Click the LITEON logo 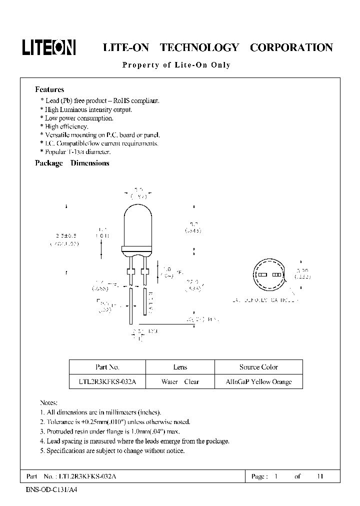pos(48,47)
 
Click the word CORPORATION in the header pos(291,48)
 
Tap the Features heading pos(49,89)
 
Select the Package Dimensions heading pos(72,163)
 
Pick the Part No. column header pos(107,367)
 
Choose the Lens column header pos(180,367)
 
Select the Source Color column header pos(258,367)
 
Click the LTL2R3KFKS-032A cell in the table pos(107,381)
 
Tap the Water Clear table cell pos(180,381)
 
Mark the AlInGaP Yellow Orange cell pos(258,381)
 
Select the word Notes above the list pos(48,402)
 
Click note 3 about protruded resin pos(109,431)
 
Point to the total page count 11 pos(320,476)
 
